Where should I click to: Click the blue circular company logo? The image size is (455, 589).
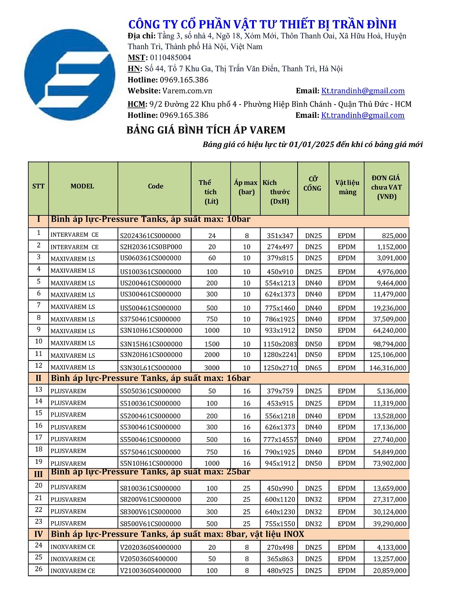[x=70, y=75]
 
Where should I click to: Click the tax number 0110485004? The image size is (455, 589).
[x=170, y=58]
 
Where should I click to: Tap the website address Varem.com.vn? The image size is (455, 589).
[x=187, y=91]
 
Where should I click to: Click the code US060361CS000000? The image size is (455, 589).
[x=151, y=258]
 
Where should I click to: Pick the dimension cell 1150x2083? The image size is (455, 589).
[x=280, y=344]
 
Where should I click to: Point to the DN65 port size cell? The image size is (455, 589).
[x=313, y=368]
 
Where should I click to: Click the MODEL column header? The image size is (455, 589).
[x=82, y=186]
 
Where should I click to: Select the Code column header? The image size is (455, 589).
[x=156, y=186]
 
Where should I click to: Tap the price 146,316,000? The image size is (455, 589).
[x=388, y=368]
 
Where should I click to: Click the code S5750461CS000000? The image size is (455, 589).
[x=151, y=452]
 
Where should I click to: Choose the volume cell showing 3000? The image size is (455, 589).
[x=212, y=368]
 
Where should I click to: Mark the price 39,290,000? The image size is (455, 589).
[x=389, y=524]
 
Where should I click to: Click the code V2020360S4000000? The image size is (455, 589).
[x=151, y=548]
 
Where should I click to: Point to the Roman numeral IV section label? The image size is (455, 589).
[x=38, y=534]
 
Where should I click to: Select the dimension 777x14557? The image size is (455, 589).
[x=280, y=440]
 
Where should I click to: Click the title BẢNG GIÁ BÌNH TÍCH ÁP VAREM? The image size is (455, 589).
[x=206, y=131]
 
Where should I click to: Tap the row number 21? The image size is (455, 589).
[x=39, y=498]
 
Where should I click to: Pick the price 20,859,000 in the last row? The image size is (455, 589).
[x=389, y=571]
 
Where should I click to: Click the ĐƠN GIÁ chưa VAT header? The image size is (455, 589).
[x=386, y=187]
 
